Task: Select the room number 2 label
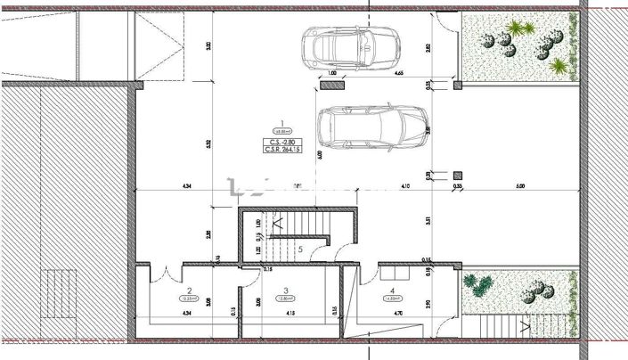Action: pyautogui.click(x=189, y=290)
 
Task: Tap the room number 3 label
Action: pyautogui.click(x=285, y=290)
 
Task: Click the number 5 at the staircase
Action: pyautogui.click(x=301, y=250)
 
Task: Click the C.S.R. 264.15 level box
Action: pyautogui.click(x=281, y=150)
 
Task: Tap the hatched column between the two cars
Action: pyautogui.click(x=333, y=86)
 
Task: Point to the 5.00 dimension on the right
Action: pyautogui.click(x=520, y=186)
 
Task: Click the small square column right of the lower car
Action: pyautogui.click(x=458, y=176)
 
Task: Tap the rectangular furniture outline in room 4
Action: pyautogui.click(x=395, y=265)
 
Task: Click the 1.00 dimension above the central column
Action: pyautogui.click(x=332, y=74)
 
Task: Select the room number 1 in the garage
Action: pyautogui.click(x=281, y=125)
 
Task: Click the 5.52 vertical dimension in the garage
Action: pyautogui.click(x=208, y=143)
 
